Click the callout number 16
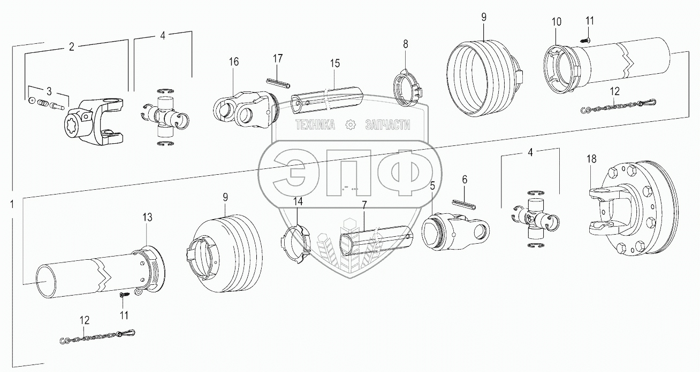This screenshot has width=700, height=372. pyautogui.click(x=234, y=61)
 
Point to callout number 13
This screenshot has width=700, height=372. pyautogui.click(x=147, y=217)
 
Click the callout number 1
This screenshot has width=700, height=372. pyautogui.click(x=12, y=204)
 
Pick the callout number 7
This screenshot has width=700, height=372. pyautogui.click(x=364, y=205)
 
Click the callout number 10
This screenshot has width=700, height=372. pyautogui.click(x=557, y=22)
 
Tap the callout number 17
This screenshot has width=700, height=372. pyautogui.click(x=277, y=58)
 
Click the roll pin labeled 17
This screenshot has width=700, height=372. pyautogui.click(x=277, y=82)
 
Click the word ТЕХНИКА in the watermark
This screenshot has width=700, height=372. pyautogui.click(x=316, y=125)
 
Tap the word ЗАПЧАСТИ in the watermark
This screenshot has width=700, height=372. pyautogui.click(x=387, y=125)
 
